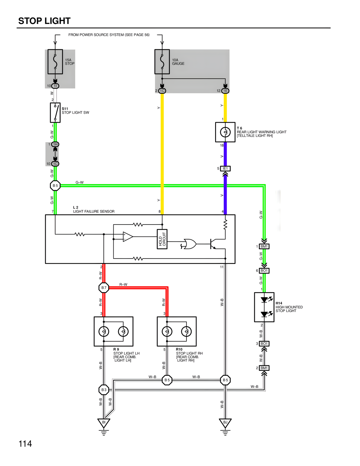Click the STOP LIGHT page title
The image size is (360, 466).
coord(44,21)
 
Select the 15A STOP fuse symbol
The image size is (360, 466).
coord(55,62)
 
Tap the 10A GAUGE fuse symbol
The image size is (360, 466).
coord(162,62)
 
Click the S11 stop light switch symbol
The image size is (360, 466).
coord(55,113)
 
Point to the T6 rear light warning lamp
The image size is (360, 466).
coord(225,132)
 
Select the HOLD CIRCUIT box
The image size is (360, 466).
coord(162,239)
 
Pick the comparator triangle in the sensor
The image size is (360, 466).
coord(128,237)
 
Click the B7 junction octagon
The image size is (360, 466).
coord(104,288)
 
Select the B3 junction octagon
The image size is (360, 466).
coord(104,390)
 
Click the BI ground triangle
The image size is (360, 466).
coord(104,423)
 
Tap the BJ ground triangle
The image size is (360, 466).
coord(225,423)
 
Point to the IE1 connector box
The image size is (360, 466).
coord(225,169)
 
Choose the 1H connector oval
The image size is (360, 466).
coord(55,144)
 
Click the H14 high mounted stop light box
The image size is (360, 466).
coord(264,307)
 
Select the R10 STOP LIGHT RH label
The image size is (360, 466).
coord(189,353)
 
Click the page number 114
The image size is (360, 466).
coord(25,444)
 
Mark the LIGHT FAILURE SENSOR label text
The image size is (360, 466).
coord(94,211)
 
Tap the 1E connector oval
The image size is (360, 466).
coord(225,91)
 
